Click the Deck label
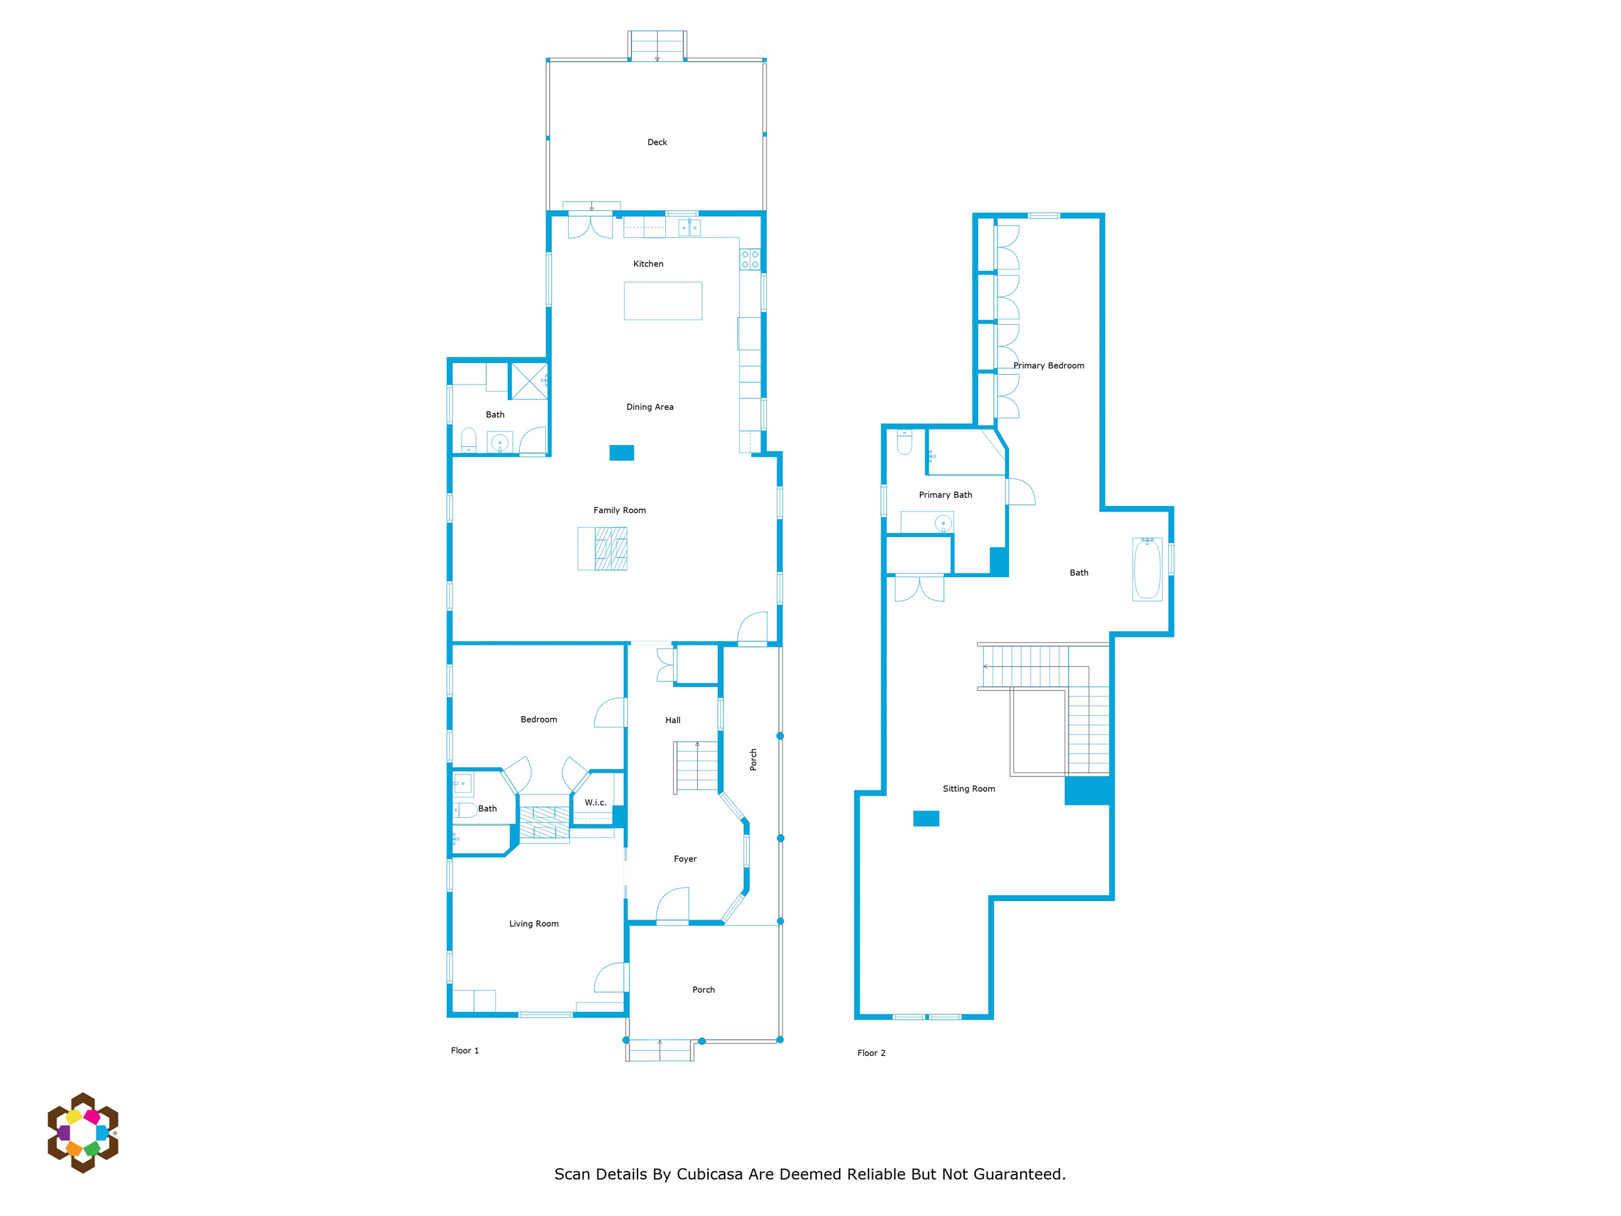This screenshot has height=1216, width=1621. tap(657, 142)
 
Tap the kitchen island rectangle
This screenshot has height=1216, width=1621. tap(663, 300)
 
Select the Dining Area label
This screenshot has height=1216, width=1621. tap(649, 407)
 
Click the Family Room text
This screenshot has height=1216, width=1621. tap(619, 510)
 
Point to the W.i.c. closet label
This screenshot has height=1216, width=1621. tap(595, 803)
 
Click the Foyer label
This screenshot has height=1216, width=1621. tap(685, 859)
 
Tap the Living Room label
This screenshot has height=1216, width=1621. tap(534, 924)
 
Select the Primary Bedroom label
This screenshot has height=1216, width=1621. tap(1048, 366)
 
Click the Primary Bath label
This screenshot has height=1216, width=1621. tap(945, 495)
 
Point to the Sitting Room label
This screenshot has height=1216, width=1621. tap(968, 789)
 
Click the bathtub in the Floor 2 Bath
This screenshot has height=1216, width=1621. tap(1147, 569)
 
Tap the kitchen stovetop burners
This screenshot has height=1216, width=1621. tap(750, 259)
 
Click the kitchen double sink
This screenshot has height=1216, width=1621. tap(689, 228)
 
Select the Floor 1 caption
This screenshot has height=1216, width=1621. tap(465, 1051)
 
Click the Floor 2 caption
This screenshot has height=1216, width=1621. tap(871, 1053)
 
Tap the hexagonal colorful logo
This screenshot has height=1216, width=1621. tap(83, 1132)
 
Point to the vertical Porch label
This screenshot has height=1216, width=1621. tap(753, 759)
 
